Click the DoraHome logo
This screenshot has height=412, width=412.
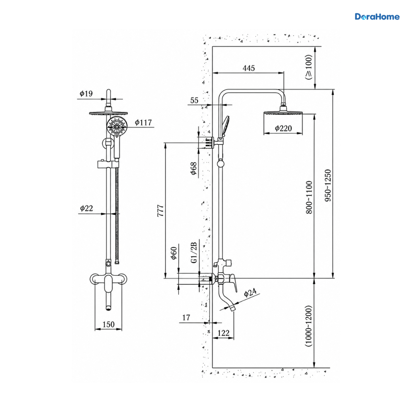(x=377, y=17)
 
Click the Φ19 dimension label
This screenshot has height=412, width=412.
(x=86, y=93)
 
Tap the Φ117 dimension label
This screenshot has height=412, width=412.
(x=143, y=122)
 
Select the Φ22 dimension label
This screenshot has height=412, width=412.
(x=87, y=208)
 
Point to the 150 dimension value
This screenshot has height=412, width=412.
(x=108, y=324)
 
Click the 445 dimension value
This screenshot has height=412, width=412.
(x=249, y=68)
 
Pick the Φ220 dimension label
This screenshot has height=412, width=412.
(x=283, y=128)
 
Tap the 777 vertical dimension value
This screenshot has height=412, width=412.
(x=160, y=211)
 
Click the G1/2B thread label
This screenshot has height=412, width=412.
(x=194, y=253)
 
